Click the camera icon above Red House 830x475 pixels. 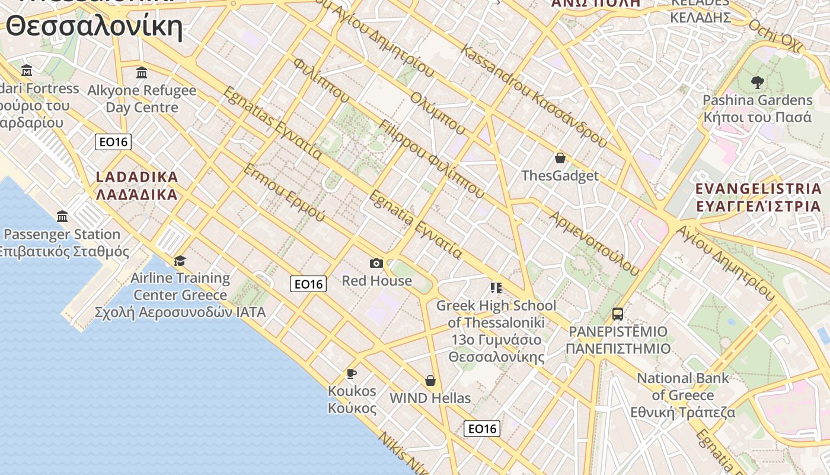pyautogui.click(x=376, y=263)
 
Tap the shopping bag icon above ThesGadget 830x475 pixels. pyautogui.click(x=560, y=158)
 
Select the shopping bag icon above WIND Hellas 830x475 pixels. pyautogui.click(x=430, y=380)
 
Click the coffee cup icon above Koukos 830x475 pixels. pyautogui.click(x=352, y=373)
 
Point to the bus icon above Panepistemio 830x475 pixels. pyautogui.click(x=618, y=314)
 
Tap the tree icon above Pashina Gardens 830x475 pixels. pyautogui.click(x=757, y=83)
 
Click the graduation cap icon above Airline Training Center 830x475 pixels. pyautogui.click(x=180, y=261)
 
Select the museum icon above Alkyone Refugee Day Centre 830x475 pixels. pyautogui.click(x=142, y=73)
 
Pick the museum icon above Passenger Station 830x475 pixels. pyautogui.click(x=62, y=216)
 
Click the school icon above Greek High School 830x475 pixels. pyautogui.click(x=496, y=289)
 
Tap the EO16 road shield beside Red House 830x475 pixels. pyautogui.click(x=308, y=284)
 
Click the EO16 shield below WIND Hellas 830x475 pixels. pyautogui.click(x=481, y=428)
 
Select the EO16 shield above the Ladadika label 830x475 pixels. pyautogui.click(x=113, y=142)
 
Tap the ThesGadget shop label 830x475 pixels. pyautogui.click(x=560, y=176)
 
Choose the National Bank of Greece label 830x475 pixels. pyautogui.click(x=683, y=395)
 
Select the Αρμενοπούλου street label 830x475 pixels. pyautogui.click(x=595, y=243)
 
